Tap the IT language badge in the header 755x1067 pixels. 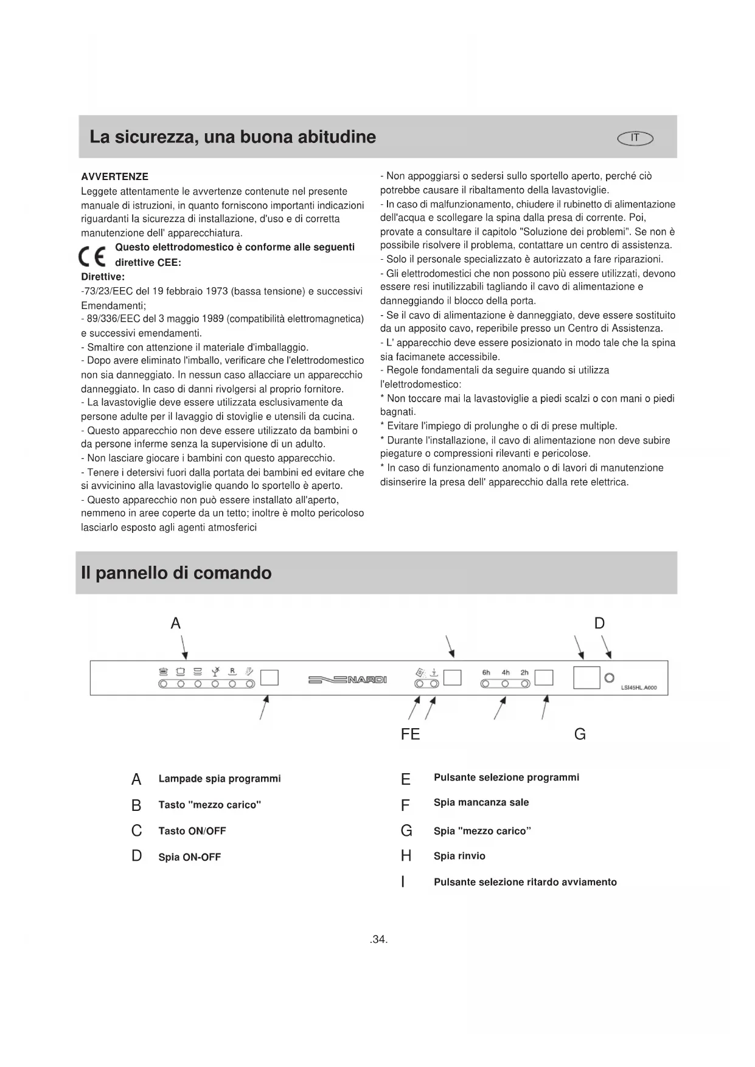pos(635,138)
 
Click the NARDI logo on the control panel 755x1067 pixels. pos(347,679)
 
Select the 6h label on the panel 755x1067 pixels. pos(486,672)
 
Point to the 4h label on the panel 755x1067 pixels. pos(506,672)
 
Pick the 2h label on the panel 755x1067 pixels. pos(524,672)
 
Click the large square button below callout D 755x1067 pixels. pos(586,677)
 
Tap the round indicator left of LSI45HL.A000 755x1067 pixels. pos(609,678)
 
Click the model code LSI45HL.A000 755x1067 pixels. pos(639,689)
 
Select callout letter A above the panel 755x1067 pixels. pos(176,623)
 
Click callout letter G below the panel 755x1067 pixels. pos(580,734)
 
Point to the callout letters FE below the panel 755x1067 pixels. pos(411,734)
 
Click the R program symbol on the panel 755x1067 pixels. pos(232,672)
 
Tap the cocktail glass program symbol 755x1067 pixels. pos(215,672)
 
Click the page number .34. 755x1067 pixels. pos(378,939)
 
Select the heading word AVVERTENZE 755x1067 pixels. pos(114,176)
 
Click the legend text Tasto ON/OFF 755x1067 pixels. pos(192,830)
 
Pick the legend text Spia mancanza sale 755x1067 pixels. pos(481,802)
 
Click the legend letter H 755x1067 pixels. pos(406,856)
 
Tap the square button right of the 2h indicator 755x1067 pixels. pos(544,677)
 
